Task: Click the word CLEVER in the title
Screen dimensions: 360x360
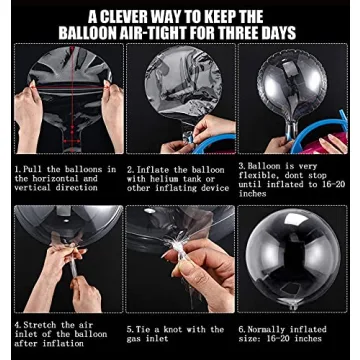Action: pyautogui.click(x=131, y=17)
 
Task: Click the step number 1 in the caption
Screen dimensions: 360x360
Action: pyautogui.click(x=16, y=169)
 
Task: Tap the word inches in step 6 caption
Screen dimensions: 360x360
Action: pyautogui.click(x=306, y=339)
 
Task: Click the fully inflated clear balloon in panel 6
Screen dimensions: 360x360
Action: pyautogui.click(x=293, y=258)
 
